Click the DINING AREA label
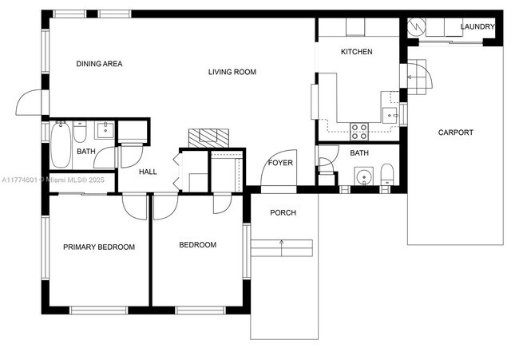coord(99,64)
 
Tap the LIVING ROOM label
coord(232,72)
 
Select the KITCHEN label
coord(356,52)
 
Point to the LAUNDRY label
coord(477,26)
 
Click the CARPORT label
coord(455,133)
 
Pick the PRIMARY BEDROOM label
coord(99,247)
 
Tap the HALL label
coord(148,172)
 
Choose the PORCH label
coord(283,213)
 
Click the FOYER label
coord(280,163)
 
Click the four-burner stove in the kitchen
coord(359,132)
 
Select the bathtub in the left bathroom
coord(61,144)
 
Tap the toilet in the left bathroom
coord(80,132)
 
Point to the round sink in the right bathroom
coord(364,176)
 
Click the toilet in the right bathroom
coord(386,174)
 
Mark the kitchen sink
coord(390,115)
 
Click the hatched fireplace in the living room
coord(208,138)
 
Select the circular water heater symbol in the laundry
coord(416,26)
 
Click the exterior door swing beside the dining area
coord(29,102)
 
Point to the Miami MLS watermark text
coord(53,180)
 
